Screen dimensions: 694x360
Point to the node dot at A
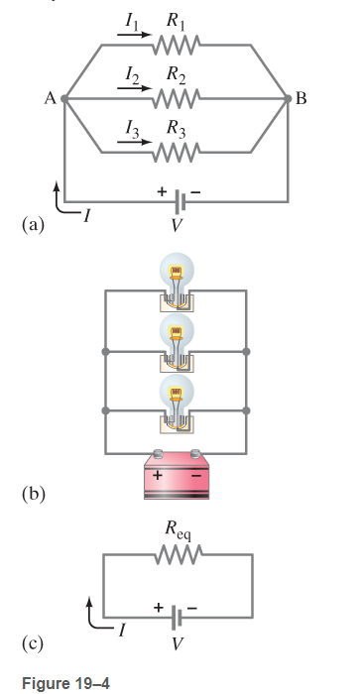[x=64, y=99]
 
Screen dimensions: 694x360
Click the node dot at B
[x=288, y=99]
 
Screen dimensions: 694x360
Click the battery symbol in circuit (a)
[x=177, y=202]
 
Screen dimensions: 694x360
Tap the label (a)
[x=33, y=225]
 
